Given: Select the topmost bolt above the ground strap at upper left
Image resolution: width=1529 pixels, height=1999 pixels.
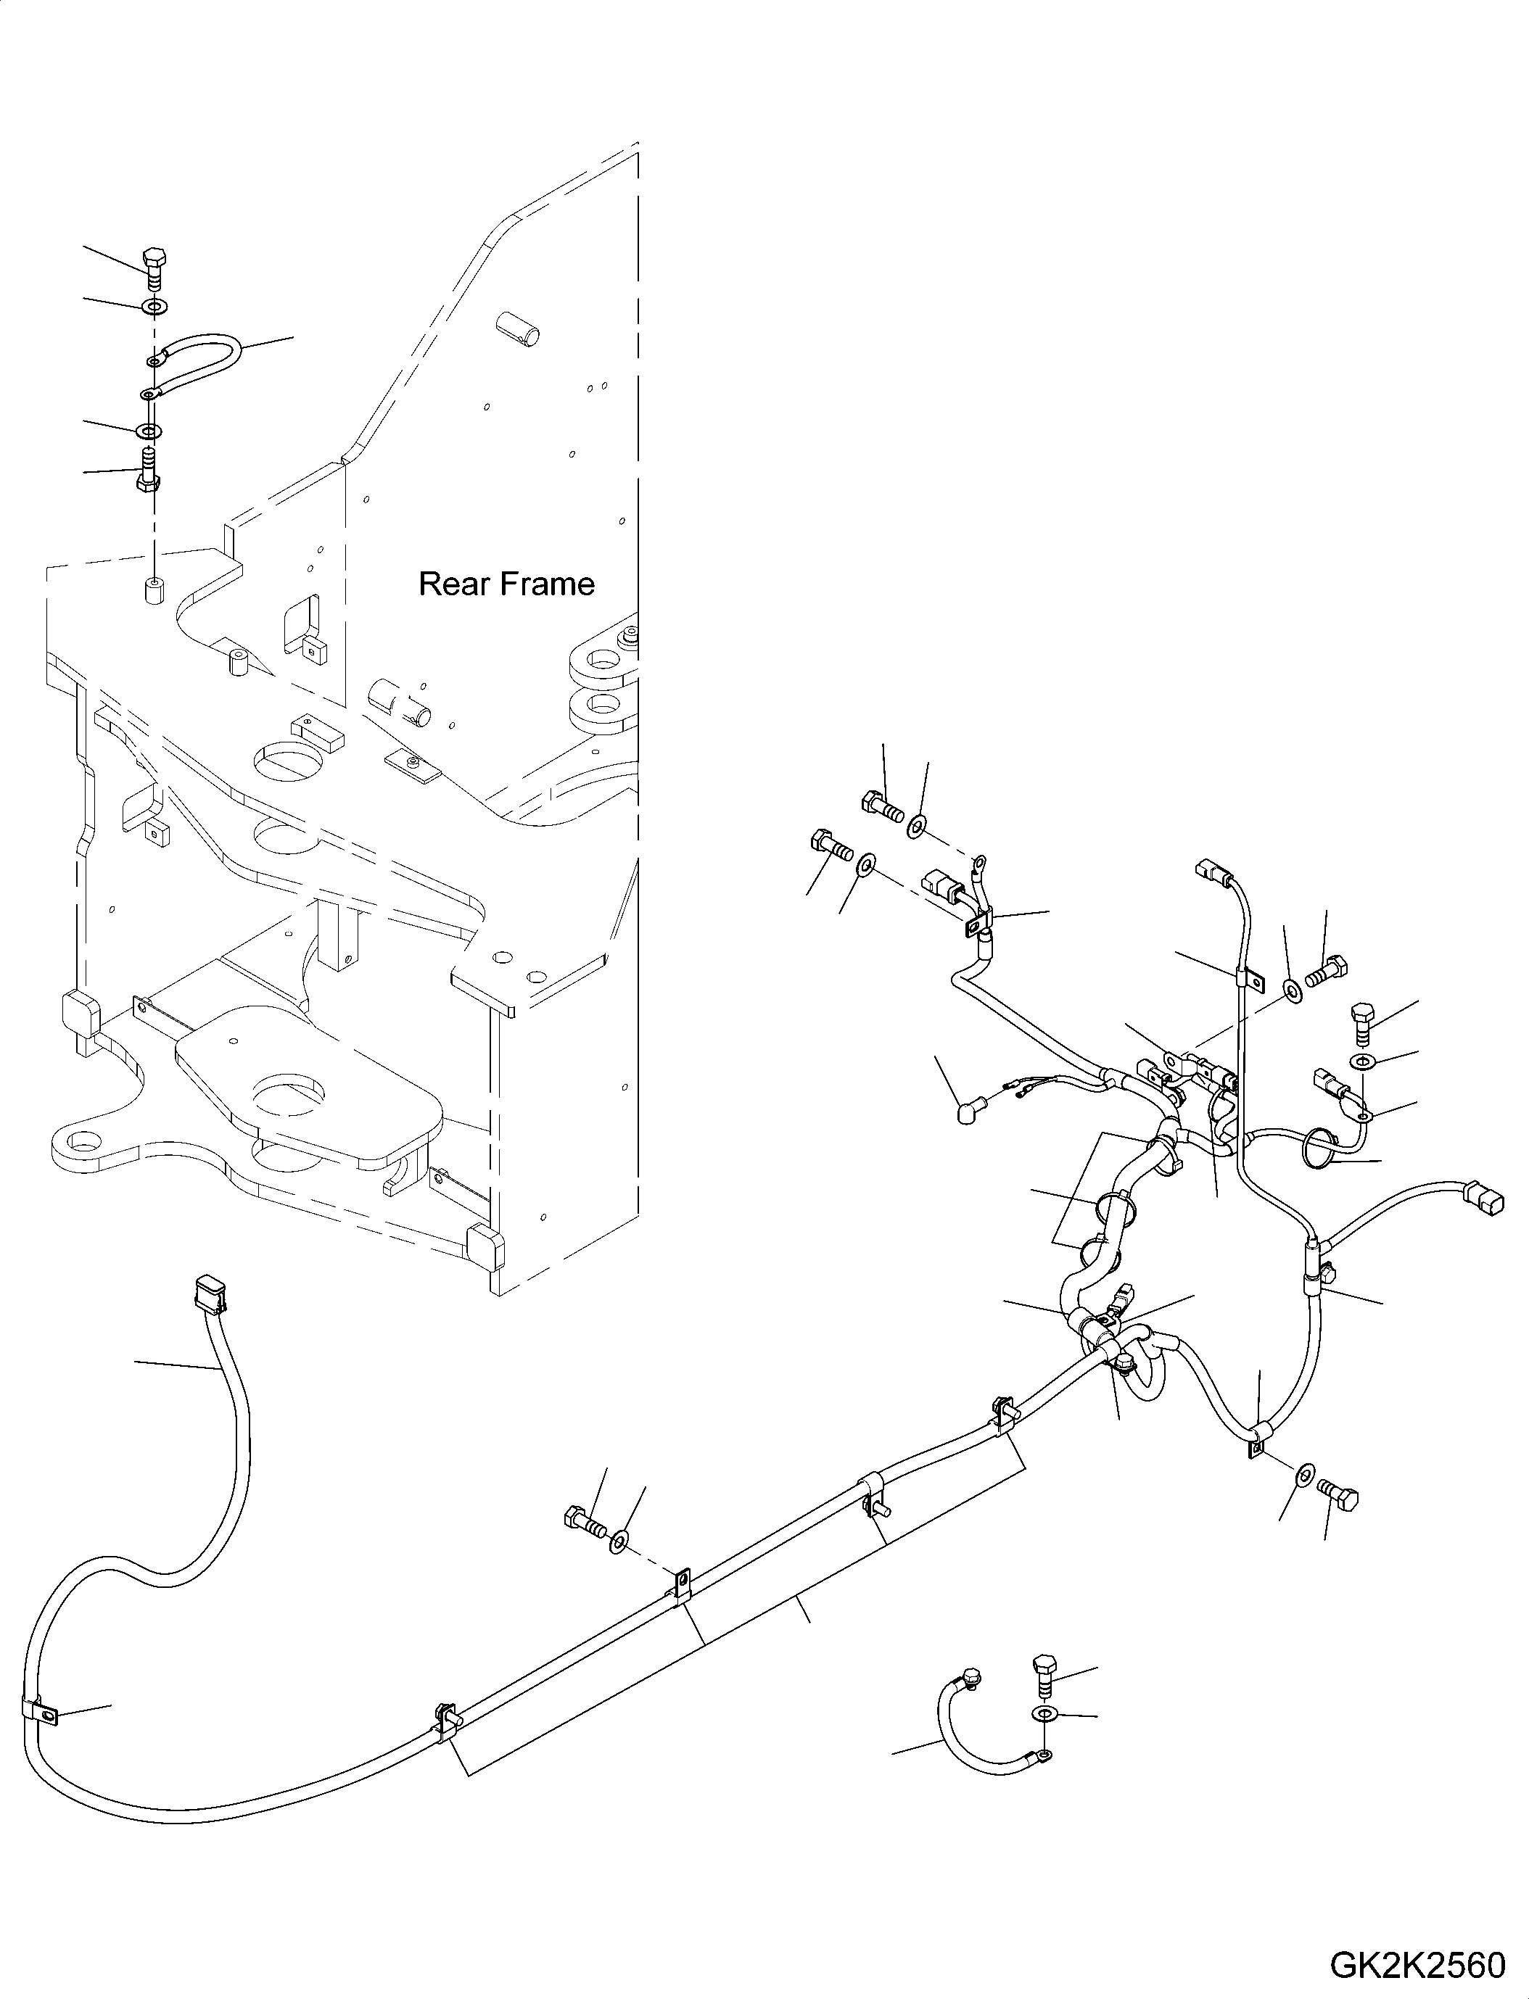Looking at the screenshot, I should [154, 263].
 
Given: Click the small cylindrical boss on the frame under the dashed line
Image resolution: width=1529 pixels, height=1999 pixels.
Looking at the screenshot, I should [153, 588].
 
